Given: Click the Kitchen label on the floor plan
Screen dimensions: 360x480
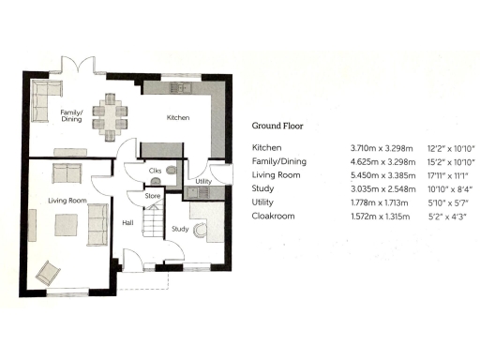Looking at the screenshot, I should (x=178, y=118).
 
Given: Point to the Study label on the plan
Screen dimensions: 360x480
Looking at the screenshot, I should (x=181, y=228).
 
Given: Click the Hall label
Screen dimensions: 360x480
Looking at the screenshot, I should (x=127, y=222).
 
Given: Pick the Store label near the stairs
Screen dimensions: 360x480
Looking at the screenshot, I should (x=152, y=195).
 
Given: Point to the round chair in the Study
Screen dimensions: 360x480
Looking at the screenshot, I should (x=199, y=233).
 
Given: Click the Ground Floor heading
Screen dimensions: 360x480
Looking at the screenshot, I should (x=278, y=125).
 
